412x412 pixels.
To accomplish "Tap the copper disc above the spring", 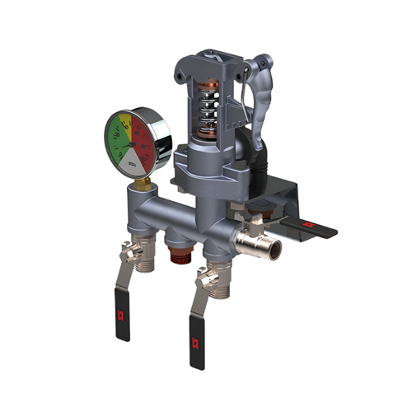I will (x=208, y=85).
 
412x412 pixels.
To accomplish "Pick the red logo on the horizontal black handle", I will (x=310, y=222).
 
